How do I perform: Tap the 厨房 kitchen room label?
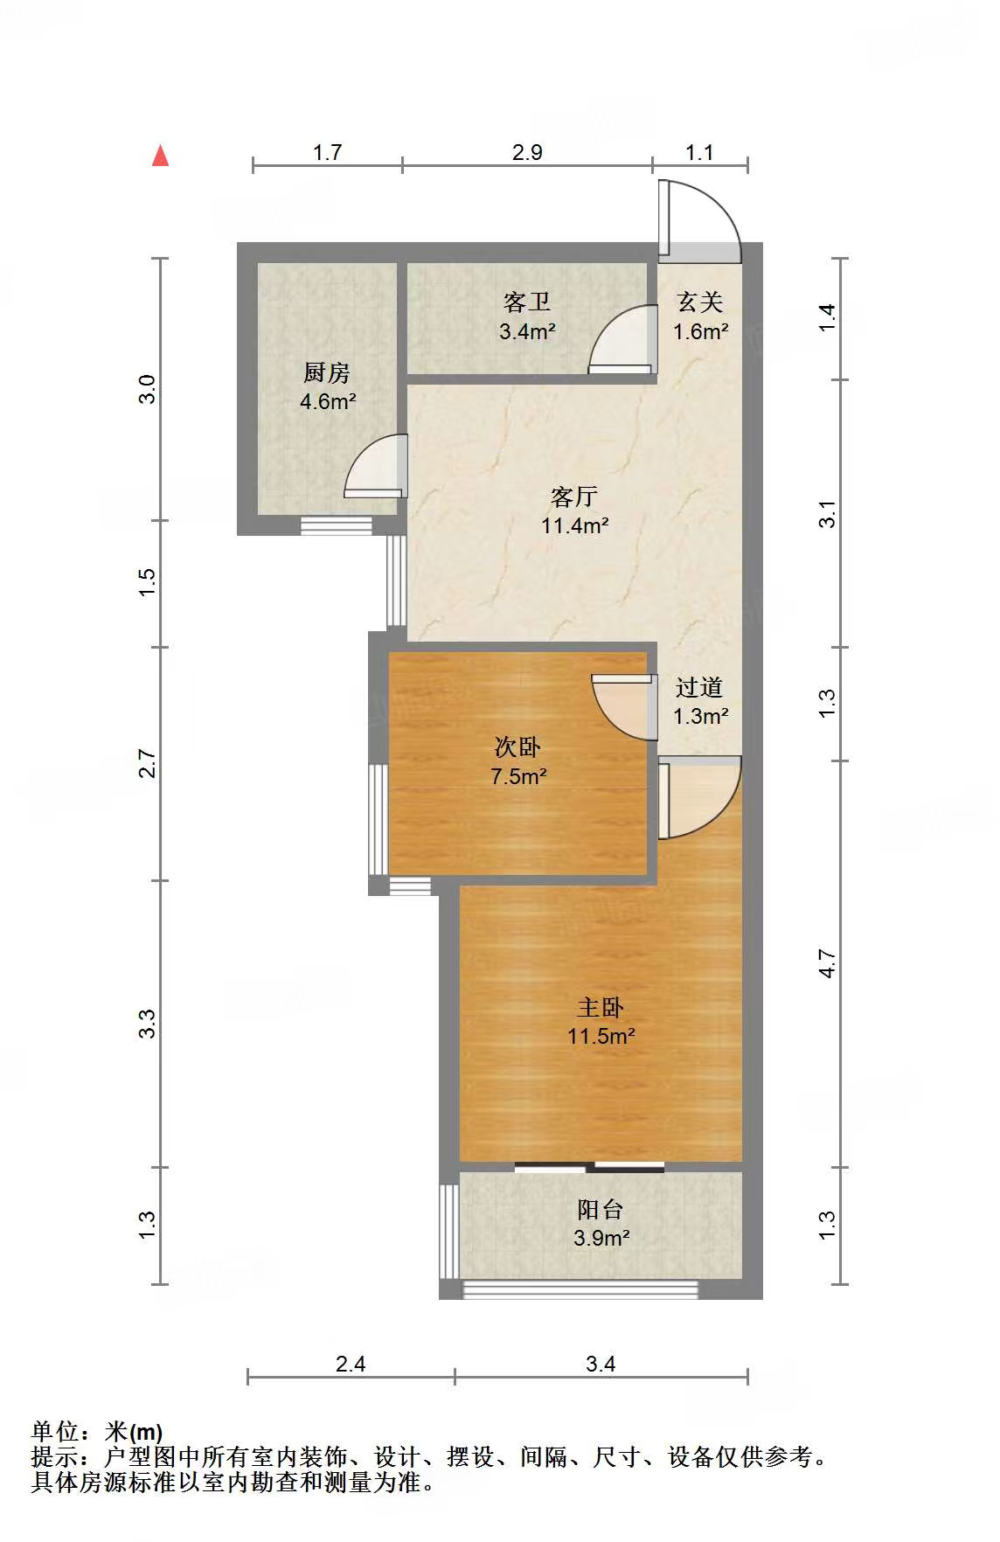(327, 373)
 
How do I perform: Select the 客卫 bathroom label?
(527, 302)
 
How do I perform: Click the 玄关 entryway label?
(700, 302)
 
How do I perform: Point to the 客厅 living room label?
(574, 497)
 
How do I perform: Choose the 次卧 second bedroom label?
(518, 747)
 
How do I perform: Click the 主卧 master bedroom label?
(601, 1007)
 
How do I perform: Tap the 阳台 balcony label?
(601, 1209)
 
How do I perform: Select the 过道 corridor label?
(700, 687)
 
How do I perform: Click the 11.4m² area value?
(574, 525)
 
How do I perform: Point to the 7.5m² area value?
(518, 776)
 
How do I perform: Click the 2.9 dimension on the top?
(527, 152)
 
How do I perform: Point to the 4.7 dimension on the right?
(827, 963)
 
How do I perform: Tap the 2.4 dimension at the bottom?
(351, 1363)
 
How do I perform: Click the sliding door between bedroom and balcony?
(590, 1166)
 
